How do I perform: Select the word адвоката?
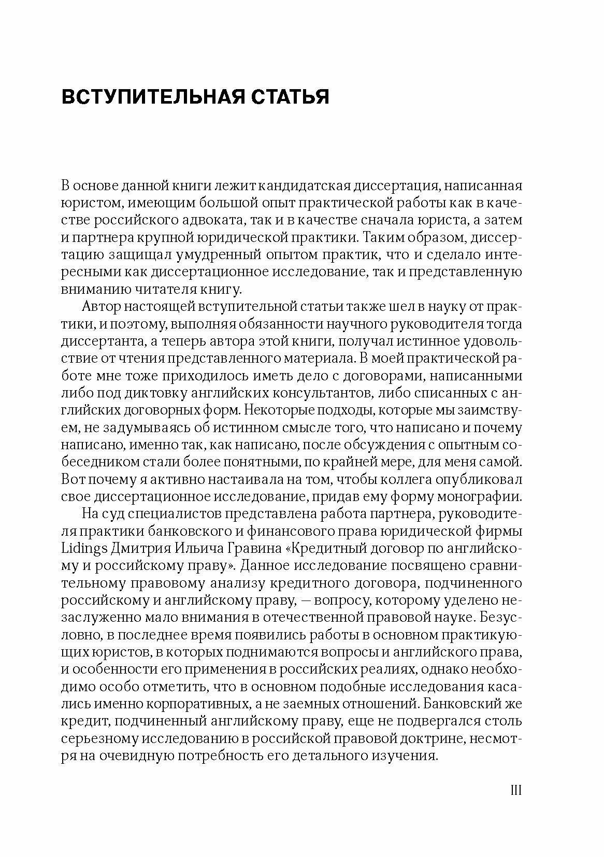click(x=214, y=220)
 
